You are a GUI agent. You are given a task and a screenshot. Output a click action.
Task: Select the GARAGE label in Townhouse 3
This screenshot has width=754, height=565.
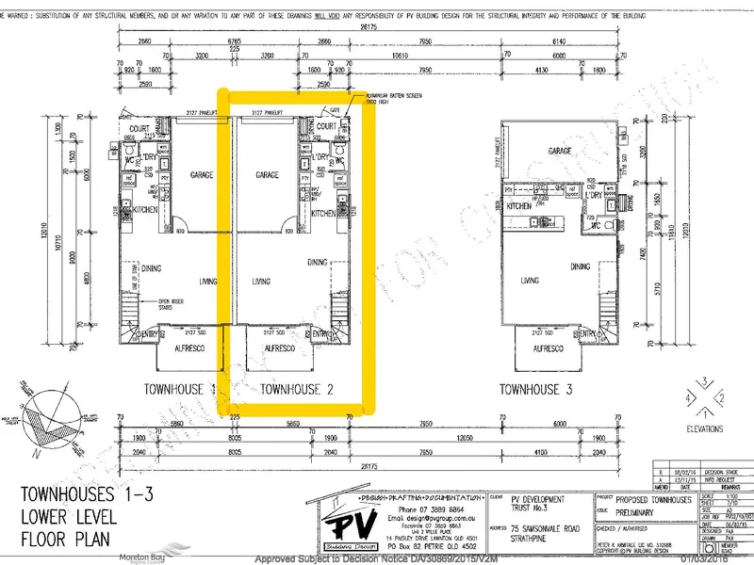click(x=561, y=151)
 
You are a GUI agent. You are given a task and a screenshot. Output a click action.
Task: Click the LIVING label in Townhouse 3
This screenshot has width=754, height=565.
click(x=530, y=280)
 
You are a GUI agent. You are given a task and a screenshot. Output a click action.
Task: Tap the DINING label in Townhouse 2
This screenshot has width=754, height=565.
click(x=318, y=263)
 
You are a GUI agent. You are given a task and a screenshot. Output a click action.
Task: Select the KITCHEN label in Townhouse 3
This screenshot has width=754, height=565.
click(x=519, y=206)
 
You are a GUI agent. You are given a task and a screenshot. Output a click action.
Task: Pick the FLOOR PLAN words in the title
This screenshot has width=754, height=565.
click(x=65, y=541)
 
